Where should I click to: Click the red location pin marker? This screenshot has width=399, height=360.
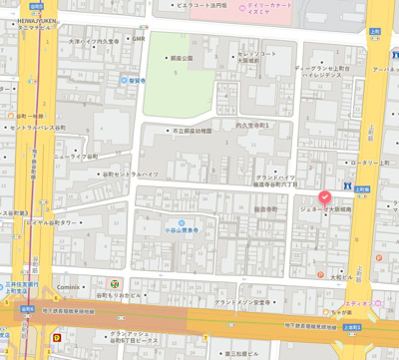[324, 197]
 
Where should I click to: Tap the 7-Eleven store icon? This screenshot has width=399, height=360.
[115, 284]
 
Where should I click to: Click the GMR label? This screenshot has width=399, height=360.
[139, 39]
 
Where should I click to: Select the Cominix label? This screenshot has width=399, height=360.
[67, 287]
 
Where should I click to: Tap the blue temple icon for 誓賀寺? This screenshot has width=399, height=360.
[125, 80]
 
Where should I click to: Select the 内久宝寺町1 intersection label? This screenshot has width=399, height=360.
[246, 125]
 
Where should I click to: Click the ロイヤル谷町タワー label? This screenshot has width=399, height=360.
[38, 221]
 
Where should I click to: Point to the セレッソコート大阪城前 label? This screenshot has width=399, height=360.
[262, 56]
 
